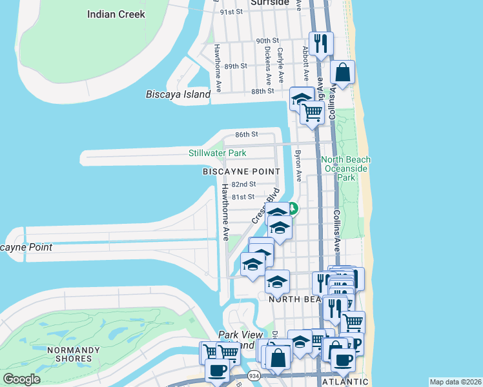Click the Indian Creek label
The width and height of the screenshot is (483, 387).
pos(116,14)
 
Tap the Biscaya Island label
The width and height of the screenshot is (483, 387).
pos(178,95)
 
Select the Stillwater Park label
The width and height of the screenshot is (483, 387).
pos(218,154)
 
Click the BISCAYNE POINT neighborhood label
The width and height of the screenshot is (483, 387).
pos(241,172)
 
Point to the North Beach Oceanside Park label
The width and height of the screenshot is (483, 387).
pos(347,168)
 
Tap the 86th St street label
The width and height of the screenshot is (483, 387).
pos(247,135)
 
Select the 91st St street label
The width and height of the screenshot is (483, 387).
pos(231,12)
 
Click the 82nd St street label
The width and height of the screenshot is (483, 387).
pos(243,184)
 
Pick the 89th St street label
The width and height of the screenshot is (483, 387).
pos(236,66)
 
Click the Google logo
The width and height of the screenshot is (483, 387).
pos(21,379)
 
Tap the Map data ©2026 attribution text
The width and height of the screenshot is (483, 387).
pos(455,382)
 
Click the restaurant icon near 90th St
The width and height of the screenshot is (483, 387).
pos(321,44)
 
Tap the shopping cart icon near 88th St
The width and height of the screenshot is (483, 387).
pos(313,112)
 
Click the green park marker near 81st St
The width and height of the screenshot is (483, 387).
pos(293,208)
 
